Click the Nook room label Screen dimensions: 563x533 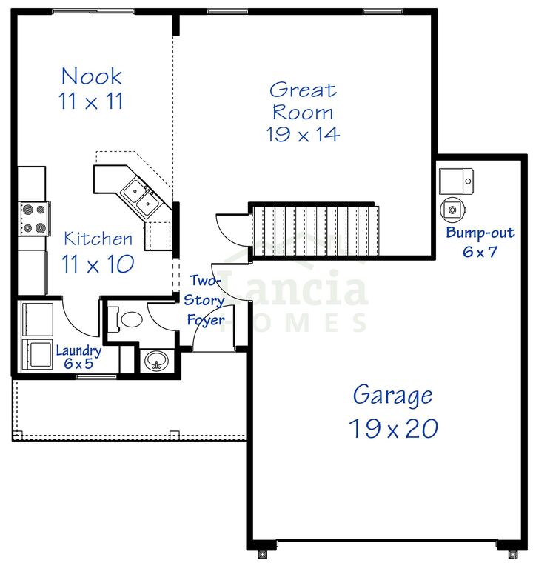(91, 76)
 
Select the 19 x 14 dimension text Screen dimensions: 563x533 (302, 134)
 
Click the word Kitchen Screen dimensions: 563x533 (98, 239)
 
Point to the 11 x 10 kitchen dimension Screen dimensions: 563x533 (98, 264)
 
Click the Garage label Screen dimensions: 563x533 (392, 395)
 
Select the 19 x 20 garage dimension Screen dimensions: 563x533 (393, 428)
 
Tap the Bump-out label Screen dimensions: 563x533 (479, 233)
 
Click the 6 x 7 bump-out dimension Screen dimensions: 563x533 (479, 251)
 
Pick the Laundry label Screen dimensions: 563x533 (78, 351)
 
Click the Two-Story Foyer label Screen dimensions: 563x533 (204, 300)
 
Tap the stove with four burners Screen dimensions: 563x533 (35, 219)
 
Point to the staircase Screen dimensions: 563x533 (315, 229)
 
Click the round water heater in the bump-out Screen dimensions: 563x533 (451, 210)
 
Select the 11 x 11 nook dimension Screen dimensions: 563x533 (91, 102)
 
